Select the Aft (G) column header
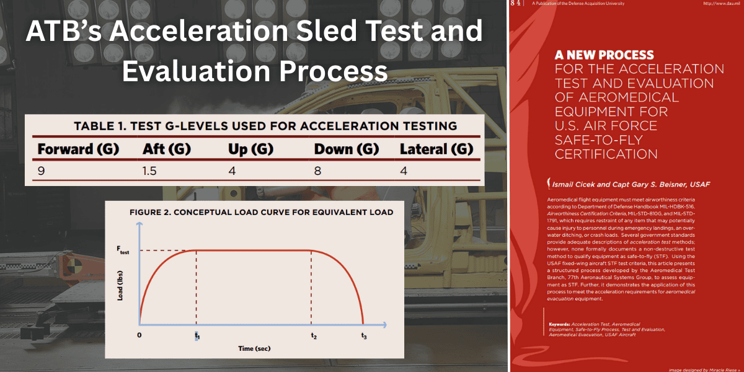coord(166,149)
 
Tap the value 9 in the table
coord(41,170)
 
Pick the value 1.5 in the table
coord(149,170)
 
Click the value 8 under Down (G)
coord(317,170)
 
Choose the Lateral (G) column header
coord(436,149)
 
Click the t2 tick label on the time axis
coord(314,335)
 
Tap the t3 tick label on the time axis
coord(364,335)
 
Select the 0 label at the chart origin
coord(139,335)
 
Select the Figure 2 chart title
coord(261,212)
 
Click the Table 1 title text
coord(265,126)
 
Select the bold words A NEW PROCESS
coord(604,55)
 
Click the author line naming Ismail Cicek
coord(628,184)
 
